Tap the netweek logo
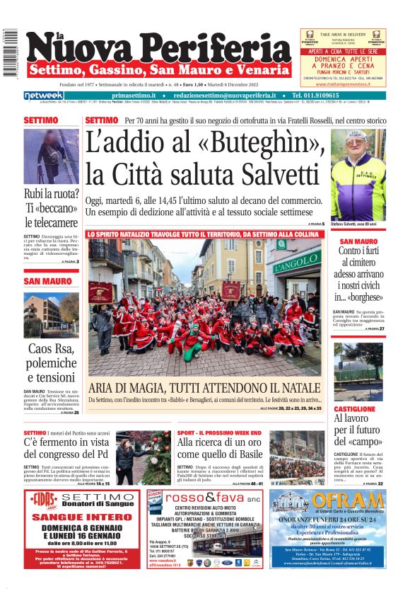pyautogui.click(x=43, y=96)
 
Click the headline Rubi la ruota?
pyautogui.click(x=52, y=193)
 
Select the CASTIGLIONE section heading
pyautogui.click(x=355, y=408)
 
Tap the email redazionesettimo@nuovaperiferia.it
pyautogui.click(x=227, y=96)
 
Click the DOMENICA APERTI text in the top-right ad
pyautogui.click(x=343, y=62)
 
